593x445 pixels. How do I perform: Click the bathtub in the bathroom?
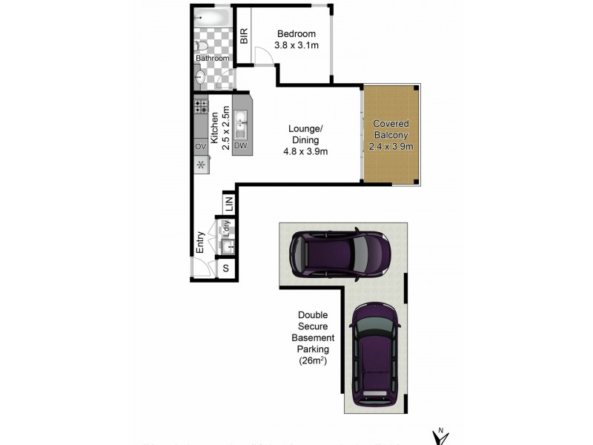[212, 19]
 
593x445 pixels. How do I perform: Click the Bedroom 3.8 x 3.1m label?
[296, 39]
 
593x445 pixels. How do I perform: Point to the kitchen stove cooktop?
[201, 106]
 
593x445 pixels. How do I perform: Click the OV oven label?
[200, 147]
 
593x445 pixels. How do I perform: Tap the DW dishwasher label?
[239, 145]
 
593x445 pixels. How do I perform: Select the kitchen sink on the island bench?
[240, 124]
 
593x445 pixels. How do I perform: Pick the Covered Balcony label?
[391, 134]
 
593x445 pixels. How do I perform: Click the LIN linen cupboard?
[229, 201]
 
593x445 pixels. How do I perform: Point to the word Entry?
[200, 242]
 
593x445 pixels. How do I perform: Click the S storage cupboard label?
[226, 268]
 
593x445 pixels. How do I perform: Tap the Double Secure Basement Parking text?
[312, 337]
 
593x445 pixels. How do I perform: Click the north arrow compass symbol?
[441, 436]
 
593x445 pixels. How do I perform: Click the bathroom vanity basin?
[200, 76]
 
